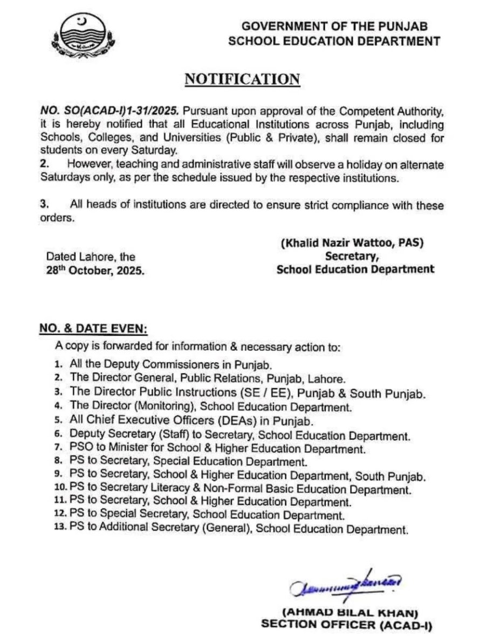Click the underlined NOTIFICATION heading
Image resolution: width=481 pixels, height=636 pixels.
[x=242, y=79]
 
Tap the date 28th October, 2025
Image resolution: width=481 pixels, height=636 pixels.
[x=95, y=271]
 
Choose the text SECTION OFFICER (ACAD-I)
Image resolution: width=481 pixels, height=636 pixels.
[x=347, y=625]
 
